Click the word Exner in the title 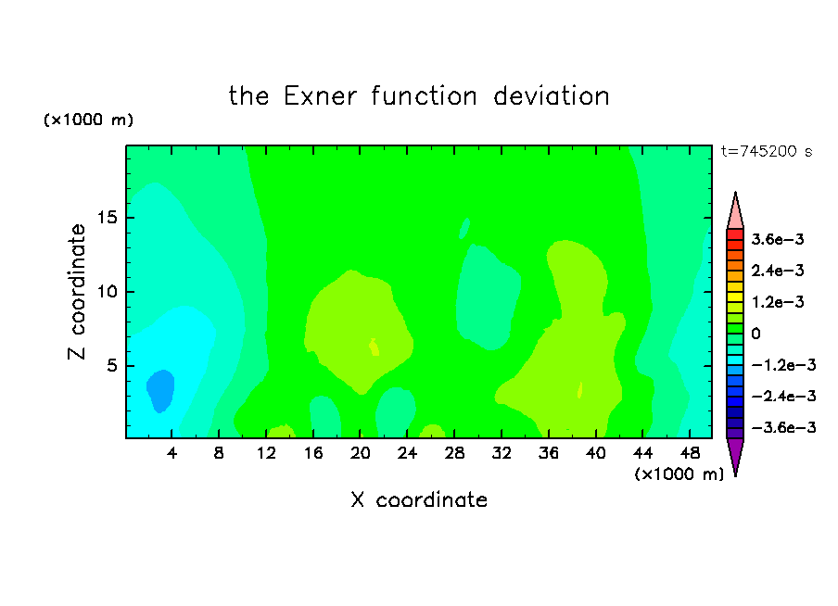click(320, 96)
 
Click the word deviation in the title click(552, 96)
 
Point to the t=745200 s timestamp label click(767, 151)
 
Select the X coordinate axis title click(419, 499)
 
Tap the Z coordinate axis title click(77, 291)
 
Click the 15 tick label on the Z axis click(108, 218)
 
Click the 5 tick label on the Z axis click(112, 365)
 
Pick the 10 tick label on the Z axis click(108, 291)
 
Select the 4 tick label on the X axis click(171, 453)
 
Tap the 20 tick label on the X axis click(361, 453)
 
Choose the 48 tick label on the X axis click(690, 453)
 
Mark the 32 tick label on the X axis click(502, 453)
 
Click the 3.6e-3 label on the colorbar click(778, 239)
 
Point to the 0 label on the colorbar click(755, 334)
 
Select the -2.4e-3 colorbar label click(783, 396)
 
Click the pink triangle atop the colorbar click(735, 210)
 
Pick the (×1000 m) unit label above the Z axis click(88, 120)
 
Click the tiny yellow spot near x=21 click(375, 347)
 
